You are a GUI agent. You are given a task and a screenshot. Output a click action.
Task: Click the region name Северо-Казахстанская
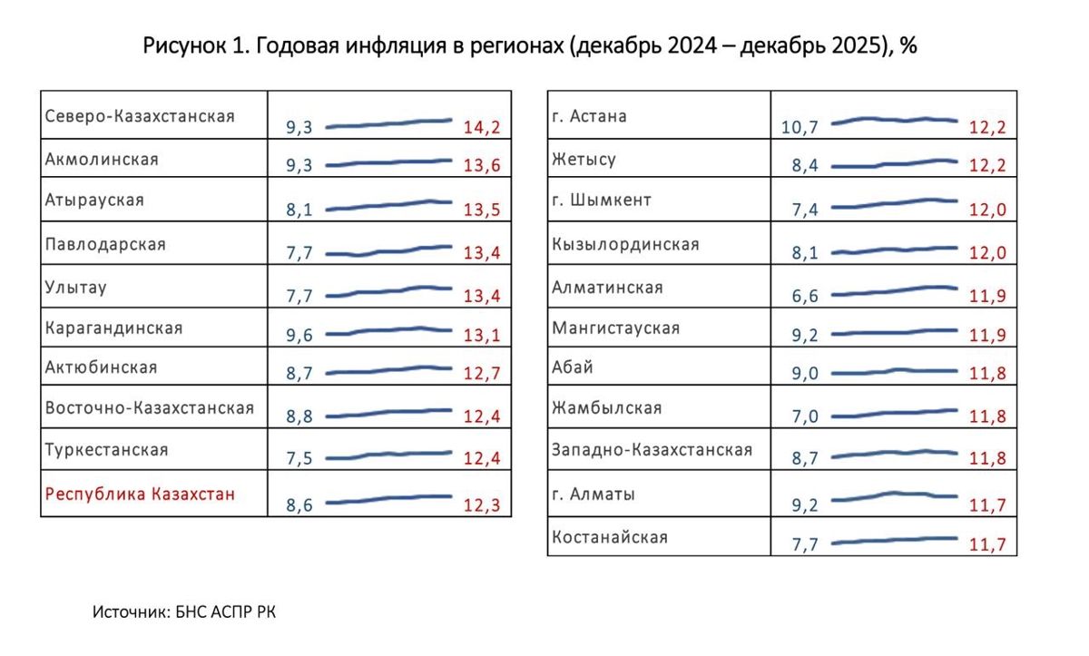point(140,117)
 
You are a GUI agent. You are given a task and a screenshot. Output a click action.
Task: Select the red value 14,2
point(481,127)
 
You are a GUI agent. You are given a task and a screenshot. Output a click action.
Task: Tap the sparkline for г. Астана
point(895,120)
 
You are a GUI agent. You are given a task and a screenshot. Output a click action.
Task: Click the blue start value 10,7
point(800,127)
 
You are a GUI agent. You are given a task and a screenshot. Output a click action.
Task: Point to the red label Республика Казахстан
point(140,494)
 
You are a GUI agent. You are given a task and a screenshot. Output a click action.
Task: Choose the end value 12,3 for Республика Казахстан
point(481,505)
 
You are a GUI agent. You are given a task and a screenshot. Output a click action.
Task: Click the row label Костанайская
point(610,537)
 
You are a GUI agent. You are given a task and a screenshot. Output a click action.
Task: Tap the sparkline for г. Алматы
point(895,495)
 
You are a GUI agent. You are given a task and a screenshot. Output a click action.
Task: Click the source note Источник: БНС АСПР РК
point(184,612)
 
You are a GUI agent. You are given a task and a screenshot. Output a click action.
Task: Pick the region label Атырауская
point(94,201)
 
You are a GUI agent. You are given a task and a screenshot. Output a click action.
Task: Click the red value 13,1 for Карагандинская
point(481,336)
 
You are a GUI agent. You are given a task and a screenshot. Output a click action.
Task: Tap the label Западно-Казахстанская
point(652,450)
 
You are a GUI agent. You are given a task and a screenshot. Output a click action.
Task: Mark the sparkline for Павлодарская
point(388,250)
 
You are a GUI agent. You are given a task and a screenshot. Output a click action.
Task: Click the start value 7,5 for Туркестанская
point(299,459)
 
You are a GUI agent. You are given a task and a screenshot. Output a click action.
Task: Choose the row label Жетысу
point(584,160)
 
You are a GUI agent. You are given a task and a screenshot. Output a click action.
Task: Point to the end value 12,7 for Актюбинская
point(481,376)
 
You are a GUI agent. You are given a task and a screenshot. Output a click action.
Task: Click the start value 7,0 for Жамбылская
point(805,417)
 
